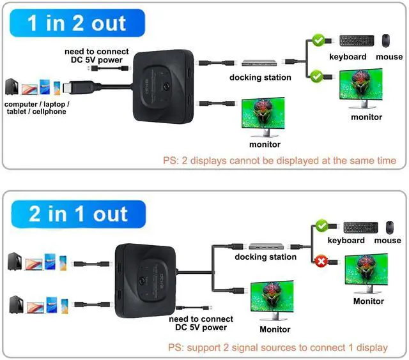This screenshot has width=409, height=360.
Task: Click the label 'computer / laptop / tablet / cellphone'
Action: click(x=37, y=108)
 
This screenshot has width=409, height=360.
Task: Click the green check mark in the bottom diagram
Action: click(x=322, y=227)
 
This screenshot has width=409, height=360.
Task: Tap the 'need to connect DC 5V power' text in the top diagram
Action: click(x=96, y=56)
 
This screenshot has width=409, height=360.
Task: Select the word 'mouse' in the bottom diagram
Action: click(x=387, y=241)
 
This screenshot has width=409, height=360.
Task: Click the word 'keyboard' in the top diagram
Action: click(x=348, y=56)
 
